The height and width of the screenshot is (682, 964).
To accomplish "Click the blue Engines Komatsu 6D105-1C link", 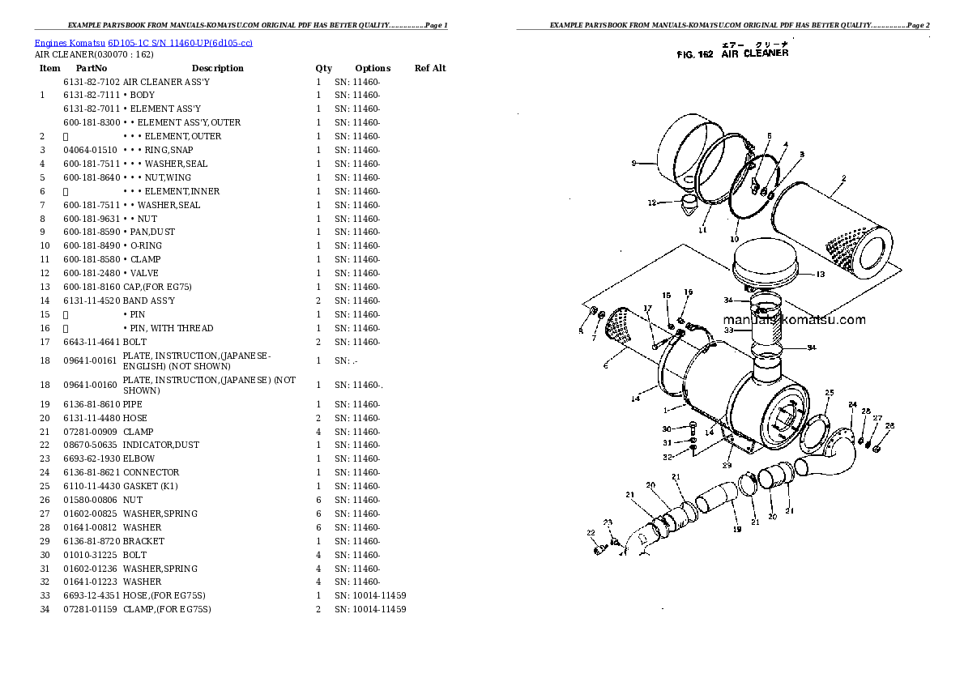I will click(x=143, y=42).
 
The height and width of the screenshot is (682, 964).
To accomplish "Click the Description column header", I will click(x=217, y=68).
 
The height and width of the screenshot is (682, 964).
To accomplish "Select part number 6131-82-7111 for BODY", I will click(x=91, y=95).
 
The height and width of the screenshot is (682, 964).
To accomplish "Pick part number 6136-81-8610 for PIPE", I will click(x=91, y=404).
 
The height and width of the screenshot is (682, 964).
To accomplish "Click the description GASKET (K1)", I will click(x=150, y=486).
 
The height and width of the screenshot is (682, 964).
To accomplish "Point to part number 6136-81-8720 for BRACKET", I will click(x=91, y=541).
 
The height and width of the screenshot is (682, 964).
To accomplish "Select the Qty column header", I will click(x=323, y=68).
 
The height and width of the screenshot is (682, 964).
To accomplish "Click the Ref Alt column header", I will click(x=430, y=68).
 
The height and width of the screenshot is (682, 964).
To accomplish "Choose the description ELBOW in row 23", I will click(x=139, y=458).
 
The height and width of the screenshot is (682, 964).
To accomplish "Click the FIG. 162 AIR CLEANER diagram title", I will click(x=732, y=53).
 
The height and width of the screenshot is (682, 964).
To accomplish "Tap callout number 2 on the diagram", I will click(x=843, y=178).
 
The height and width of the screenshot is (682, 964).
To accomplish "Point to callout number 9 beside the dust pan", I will click(x=633, y=164).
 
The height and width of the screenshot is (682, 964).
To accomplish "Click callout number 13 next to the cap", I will click(x=820, y=275).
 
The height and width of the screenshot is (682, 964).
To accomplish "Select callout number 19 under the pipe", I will click(x=737, y=530).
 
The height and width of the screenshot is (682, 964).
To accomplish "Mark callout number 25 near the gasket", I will click(x=830, y=393).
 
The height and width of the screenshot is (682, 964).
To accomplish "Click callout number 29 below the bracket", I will click(x=727, y=465).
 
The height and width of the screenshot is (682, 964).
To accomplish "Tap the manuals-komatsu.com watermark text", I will click(x=794, y=320).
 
